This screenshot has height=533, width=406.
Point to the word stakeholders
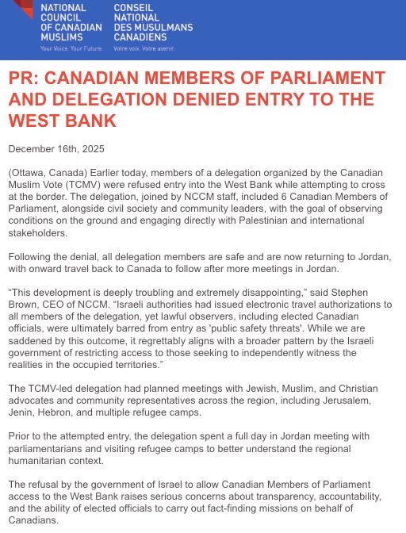[x=37, y=234]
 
